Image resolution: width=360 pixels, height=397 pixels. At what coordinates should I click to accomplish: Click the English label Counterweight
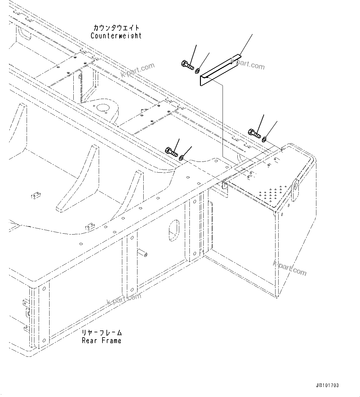(116, 36)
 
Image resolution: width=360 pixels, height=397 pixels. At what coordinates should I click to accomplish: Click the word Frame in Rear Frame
(112, 341)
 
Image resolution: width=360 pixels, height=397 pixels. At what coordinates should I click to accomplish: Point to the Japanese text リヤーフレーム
(102, 333)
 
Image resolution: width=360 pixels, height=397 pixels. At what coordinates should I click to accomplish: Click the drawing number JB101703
(327, 385)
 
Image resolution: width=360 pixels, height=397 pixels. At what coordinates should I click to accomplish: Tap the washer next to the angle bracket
(197, 72)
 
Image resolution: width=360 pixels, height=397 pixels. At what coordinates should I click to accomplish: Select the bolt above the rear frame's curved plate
(171, 152)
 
